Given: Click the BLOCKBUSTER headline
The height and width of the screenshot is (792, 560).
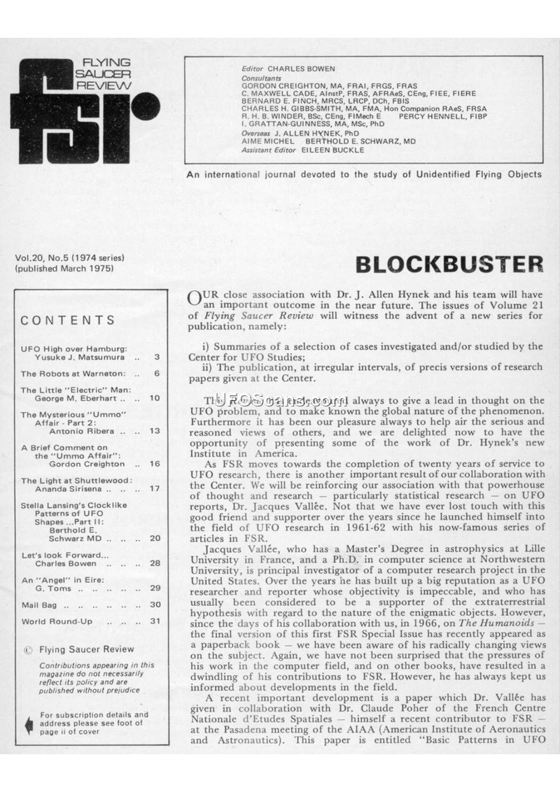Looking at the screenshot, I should click(x=449, y=264).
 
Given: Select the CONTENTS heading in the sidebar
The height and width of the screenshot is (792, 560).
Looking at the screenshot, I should click(x=68, y=320).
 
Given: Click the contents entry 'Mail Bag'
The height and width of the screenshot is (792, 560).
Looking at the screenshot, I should click(x=34, y=604).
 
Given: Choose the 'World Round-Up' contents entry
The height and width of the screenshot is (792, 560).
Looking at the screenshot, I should click(x=52, y=621).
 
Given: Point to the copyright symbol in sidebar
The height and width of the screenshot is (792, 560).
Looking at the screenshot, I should click(x=28, y=649).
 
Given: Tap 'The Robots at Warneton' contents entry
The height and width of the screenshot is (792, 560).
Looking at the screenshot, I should click(x=73, y=373).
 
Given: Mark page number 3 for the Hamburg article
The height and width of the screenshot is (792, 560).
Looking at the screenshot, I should click(x=157, y=357).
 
